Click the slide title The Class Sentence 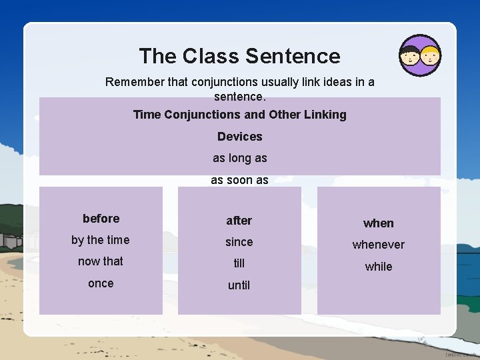click(239, 56)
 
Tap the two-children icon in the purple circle click(419, 55)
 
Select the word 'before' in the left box click(101, 219)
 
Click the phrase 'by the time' click(101, 240)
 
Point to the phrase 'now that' click(101, 261)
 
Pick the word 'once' click(101, 283)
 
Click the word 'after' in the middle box click(239, 221)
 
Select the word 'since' click(239, 242)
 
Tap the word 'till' click(239, 263)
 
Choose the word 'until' click(239, 285)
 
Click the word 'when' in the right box click(378, 223)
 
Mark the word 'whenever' click(378, 245)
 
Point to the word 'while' click(378, 267)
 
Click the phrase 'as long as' click(239, 158)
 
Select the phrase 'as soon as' click(239, 180)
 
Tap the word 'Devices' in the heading click(239, 137)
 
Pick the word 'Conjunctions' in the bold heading click(203, 115)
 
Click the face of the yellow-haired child click(430, 56)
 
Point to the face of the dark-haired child click(409, 56)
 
